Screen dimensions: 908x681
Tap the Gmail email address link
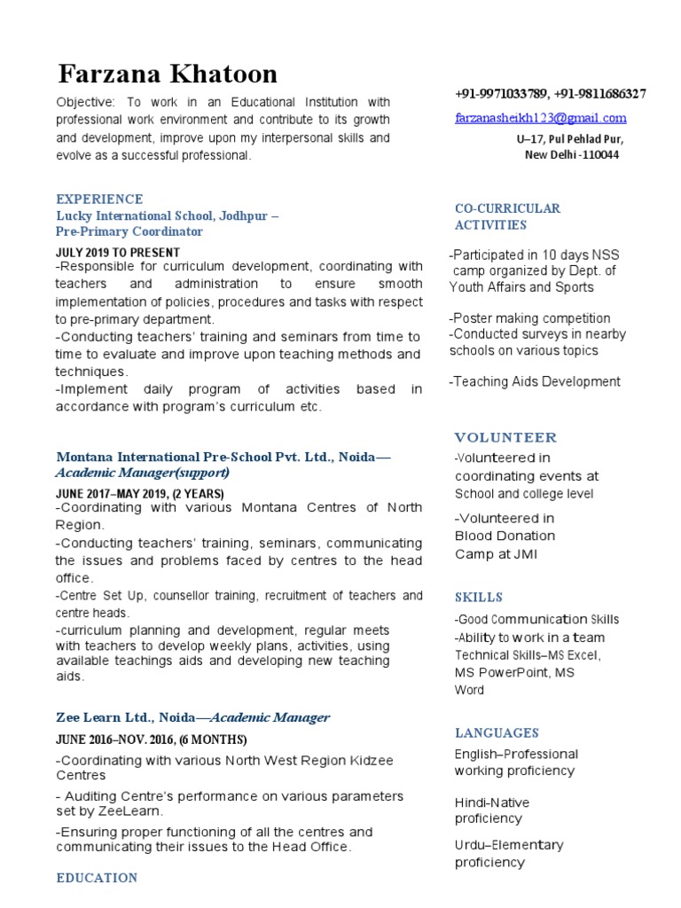[x=541, y=117]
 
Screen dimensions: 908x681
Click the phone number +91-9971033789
[x=500, y=94]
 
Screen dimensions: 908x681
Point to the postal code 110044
[x=599, y=154]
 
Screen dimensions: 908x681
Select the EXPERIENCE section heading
[x=99, y=199]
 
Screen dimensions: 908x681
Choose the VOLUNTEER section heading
[x=505, y=437]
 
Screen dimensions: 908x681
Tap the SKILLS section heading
[x=479, y=597]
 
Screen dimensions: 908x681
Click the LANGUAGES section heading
[x=497, y=732]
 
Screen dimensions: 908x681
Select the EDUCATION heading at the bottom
[x=97, y=878]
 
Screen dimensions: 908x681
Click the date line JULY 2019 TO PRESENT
[x=117, y=253]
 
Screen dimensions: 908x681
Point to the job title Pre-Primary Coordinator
[x=129, y=231]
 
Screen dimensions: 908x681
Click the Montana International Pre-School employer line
[x=223, y=457]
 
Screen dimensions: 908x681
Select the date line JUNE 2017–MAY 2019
[x=139, y=493]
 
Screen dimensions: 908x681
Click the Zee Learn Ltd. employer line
[x=192, y=717]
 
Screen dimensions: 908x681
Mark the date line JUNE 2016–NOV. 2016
[x=151, y=740]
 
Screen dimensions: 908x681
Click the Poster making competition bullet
[x=529, y=318]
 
